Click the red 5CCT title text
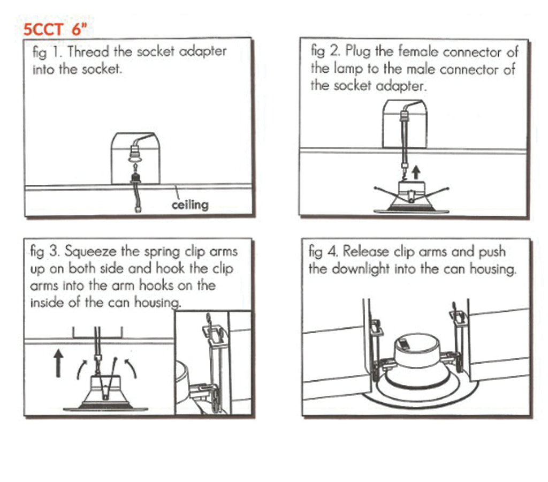tap(55, 29)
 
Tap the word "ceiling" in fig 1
tap(190, 205)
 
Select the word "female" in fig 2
tap(418, 51)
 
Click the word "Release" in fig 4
tap(366, 252)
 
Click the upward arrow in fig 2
tap(416, 172)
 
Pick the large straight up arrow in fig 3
tap(58, 364)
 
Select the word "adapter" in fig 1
tap(202, 52)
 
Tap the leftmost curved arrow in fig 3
tap(81, 368)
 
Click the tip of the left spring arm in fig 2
tap(375, 188)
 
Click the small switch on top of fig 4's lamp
tap(405, 343)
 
